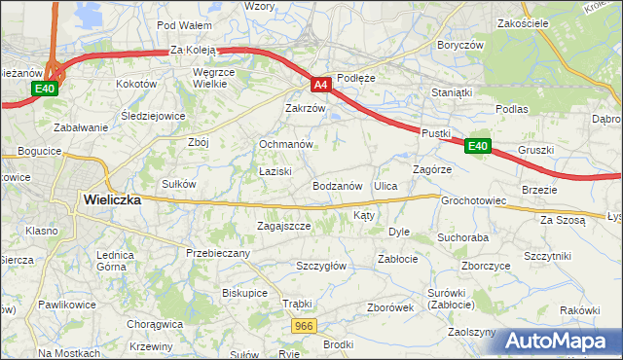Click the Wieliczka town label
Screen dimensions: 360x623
pos(112,199)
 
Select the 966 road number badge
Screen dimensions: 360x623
pos(304,326)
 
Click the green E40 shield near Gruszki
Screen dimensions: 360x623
pos(476,146)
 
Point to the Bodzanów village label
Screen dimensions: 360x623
pos(338,185)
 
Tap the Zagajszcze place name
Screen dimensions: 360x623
pos(283,226)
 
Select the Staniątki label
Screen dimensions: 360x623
pos(452,92)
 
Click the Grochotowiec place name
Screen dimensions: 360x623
pos(474,201)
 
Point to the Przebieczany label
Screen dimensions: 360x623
pos(218,253)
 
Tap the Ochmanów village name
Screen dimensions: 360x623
pos(285,144)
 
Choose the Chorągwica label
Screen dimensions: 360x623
pos(156,324)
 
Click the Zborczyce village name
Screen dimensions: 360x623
pos(487,265)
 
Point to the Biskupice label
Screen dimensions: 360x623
pos(244,292)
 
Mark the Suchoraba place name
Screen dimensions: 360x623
pos(462,236)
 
